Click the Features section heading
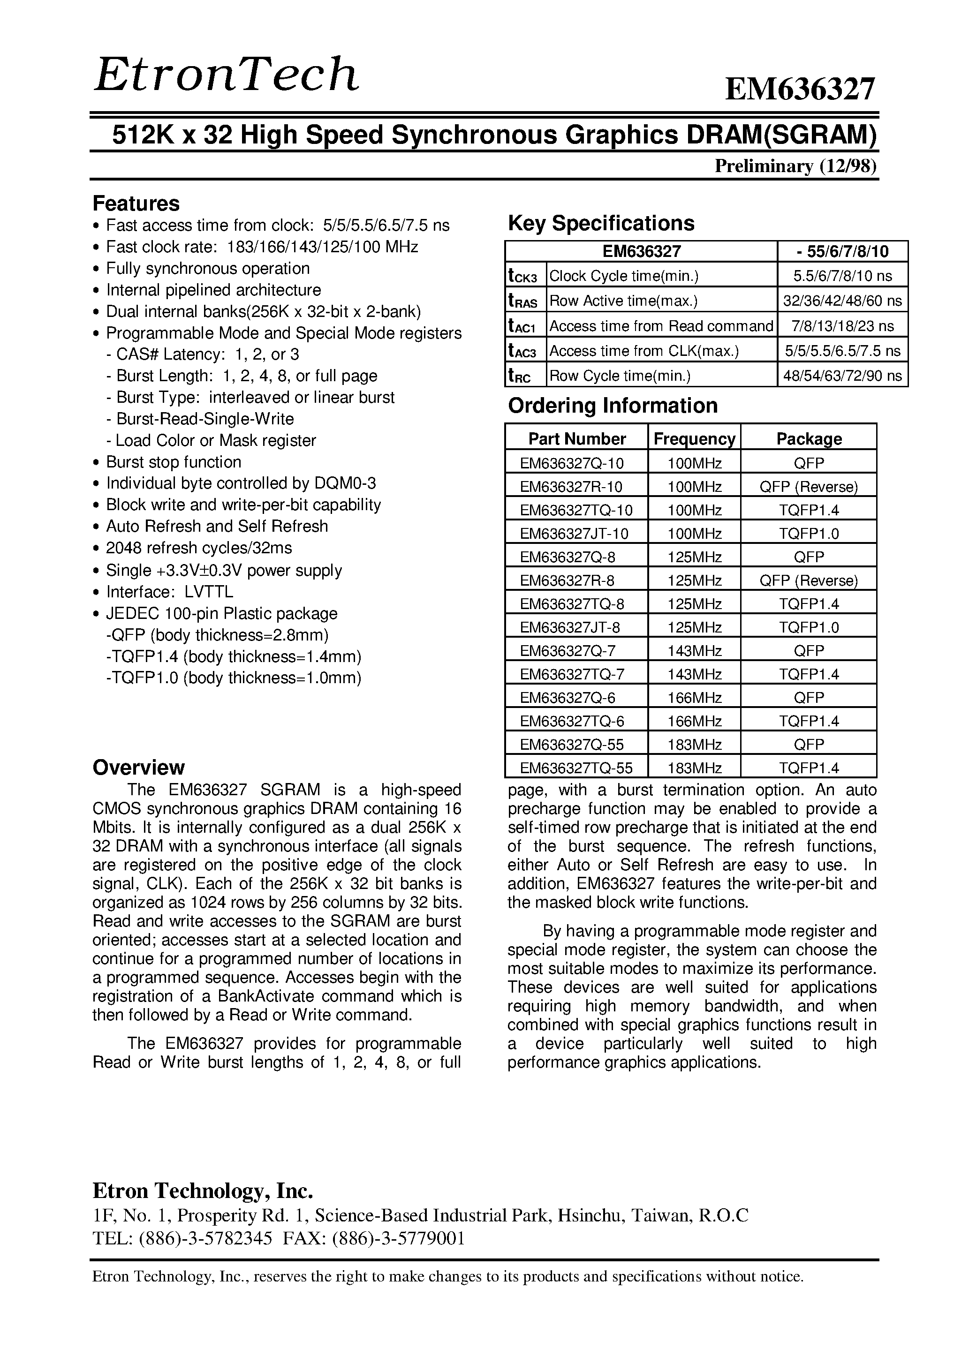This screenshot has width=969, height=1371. click(136, 203)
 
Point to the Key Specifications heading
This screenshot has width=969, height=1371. click(600, 223)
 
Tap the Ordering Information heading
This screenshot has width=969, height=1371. click(613, 406)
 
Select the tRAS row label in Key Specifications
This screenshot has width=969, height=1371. click(524, 301)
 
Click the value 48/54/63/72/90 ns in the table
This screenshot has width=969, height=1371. click(842, 376)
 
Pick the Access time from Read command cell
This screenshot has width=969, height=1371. click(661, 326)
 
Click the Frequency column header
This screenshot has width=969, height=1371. click(694, 439)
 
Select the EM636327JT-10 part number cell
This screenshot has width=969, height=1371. click(574, 533)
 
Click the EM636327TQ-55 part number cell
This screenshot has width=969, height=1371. click(575, 768)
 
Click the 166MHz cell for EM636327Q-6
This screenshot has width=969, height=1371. click(694, 697)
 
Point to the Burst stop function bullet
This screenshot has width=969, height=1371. click(173, 462)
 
